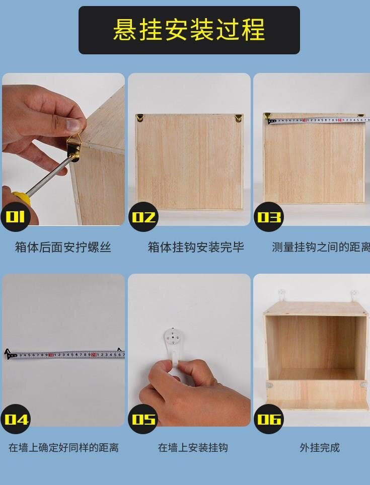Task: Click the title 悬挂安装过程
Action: coord(189,30)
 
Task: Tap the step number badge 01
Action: coord(15,217)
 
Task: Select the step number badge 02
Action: coord(143,217)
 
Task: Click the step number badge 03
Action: coord(268,217)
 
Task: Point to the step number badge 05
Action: coord(143,419)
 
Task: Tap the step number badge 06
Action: coord(268,419)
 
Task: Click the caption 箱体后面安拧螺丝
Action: coord(63,247)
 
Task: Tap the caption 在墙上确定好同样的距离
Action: coord(63,447)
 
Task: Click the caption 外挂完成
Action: coord(320,447)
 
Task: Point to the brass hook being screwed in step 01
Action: coord(74,147)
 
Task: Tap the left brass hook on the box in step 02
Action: coord(140,118)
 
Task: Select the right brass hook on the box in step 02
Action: coord(238,119)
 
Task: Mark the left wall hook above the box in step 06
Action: coord(282,294)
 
